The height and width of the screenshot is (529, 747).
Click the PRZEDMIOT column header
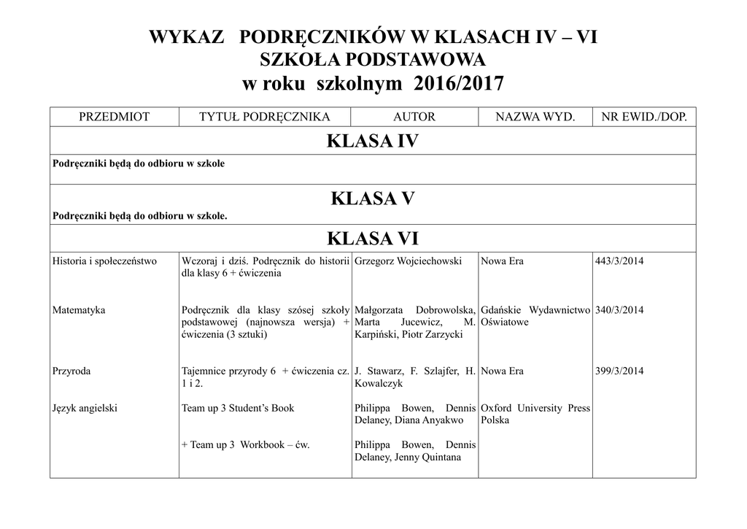coord(114,117)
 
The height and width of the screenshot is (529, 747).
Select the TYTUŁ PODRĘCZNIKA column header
coord(265,117)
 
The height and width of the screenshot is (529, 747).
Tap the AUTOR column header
coord(414,117)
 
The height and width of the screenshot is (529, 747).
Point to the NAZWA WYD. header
coord(535,117)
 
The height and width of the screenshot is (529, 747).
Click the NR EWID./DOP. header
coord(643,117)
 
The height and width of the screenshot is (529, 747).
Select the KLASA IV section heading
coord(373,142)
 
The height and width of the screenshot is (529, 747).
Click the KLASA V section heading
coord(373,198)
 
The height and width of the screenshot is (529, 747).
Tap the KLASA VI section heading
coord(373,239)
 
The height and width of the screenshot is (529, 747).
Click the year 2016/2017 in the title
coord(458,84)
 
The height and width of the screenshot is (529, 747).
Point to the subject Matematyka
coord(79,310)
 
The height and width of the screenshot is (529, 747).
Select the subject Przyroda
coord(71,371)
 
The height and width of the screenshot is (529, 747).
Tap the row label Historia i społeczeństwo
coord(104,261)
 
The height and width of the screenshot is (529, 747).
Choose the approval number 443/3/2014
coord(619,261)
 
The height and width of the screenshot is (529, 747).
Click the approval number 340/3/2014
coord(619,310)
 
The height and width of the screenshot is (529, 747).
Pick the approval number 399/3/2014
coord(619,371)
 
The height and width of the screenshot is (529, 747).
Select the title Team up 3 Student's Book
coord(238,409)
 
